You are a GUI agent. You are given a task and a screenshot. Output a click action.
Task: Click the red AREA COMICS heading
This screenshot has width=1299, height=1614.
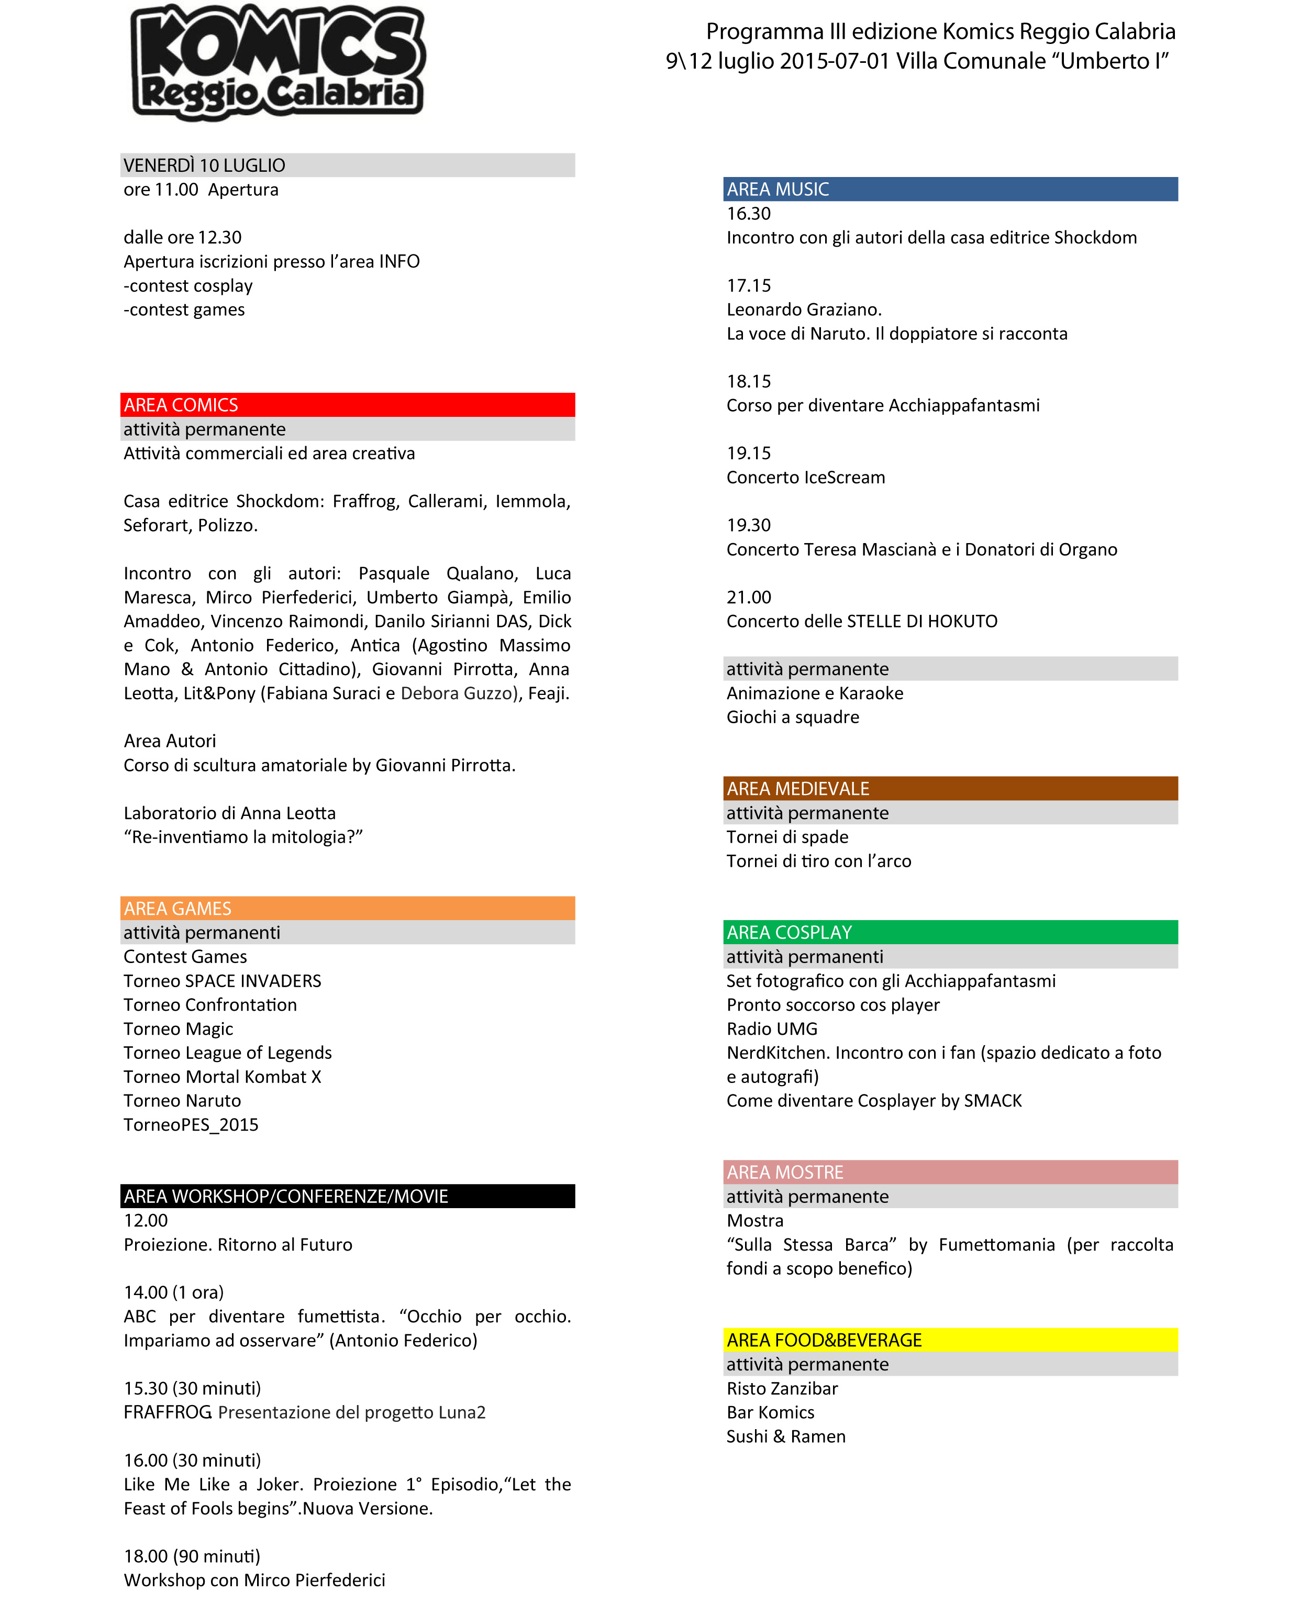click(x=181, y=405)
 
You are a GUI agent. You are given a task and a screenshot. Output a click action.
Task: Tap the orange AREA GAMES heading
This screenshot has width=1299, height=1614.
click(x=177, y=908)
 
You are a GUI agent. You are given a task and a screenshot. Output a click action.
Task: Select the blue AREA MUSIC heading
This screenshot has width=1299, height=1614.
click(x=778, y=190)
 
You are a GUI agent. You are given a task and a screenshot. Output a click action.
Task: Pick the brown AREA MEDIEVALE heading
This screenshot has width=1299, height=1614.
click(x=797, y=788)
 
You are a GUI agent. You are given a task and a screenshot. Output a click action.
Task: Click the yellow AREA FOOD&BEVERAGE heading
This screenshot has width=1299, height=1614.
click(x=824, y=1340)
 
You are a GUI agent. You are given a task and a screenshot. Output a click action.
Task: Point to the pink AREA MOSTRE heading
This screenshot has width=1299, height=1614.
click(x=785, y=1173)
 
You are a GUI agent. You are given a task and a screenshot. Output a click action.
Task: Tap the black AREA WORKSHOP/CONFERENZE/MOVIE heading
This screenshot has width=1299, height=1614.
click(x=286, y=1196)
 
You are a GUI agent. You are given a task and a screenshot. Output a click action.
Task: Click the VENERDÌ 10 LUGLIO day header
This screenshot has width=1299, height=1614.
click(x=204, y=165)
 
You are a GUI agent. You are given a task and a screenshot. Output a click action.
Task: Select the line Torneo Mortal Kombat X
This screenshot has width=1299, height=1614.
click(x=222, y=1077)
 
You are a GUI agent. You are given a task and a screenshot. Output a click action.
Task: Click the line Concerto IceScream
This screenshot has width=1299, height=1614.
click(x=805, y=478)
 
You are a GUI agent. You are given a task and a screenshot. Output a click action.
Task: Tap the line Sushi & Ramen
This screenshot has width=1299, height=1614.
click(x=786, y=1436)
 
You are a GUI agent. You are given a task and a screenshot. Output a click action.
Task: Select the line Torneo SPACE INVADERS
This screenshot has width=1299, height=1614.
click(x=222, y=981)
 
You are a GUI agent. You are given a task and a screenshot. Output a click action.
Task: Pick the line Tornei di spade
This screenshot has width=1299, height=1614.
click(x=787, y=837)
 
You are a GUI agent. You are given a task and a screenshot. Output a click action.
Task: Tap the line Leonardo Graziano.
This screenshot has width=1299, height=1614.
click(x=804, y=310)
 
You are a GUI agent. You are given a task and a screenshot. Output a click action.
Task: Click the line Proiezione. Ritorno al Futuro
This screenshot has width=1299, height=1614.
click(x=238, y=1244)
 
